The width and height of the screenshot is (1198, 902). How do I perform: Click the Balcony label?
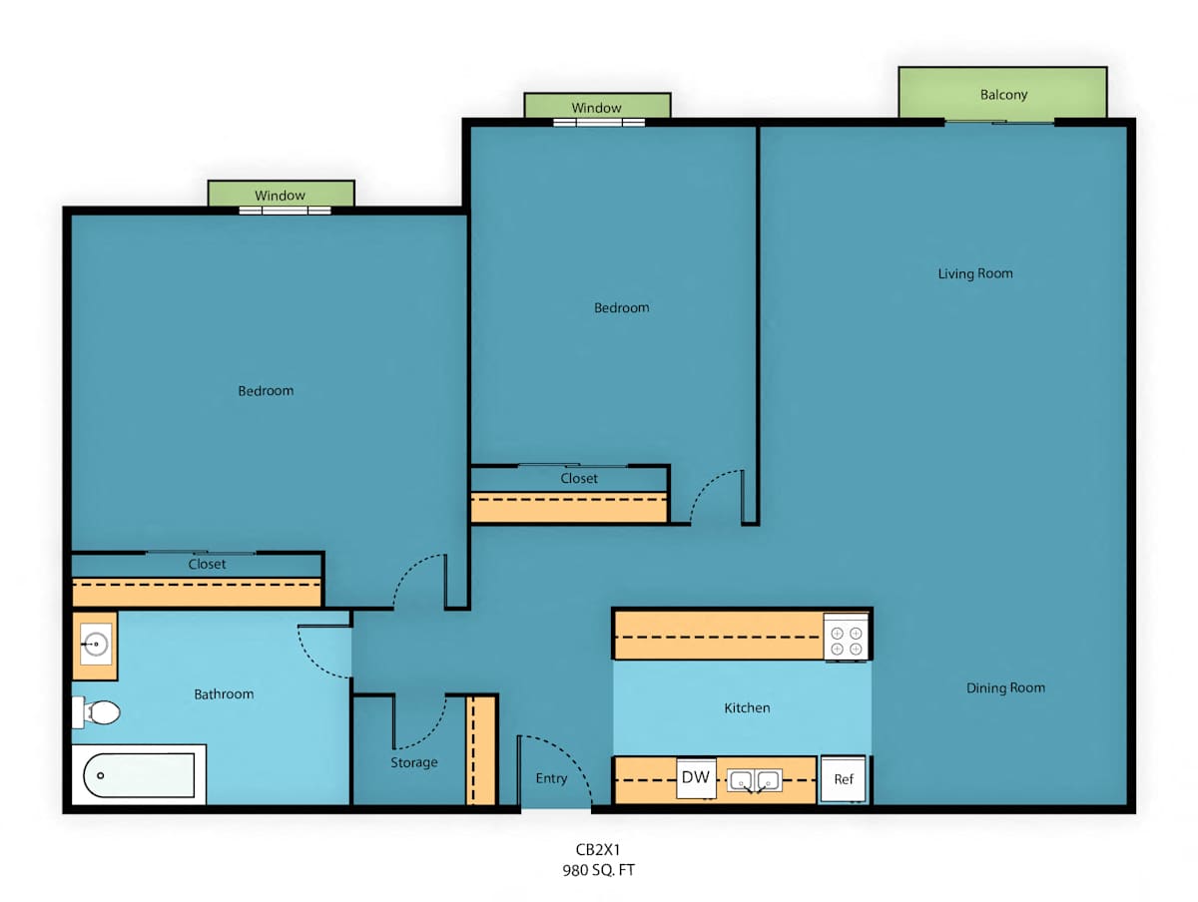coord(1003,95)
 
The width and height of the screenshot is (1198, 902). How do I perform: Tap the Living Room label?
coord(975,273)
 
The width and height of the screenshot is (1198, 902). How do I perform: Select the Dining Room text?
coord(1005,687)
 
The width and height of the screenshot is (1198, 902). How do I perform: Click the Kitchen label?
coord(747,707)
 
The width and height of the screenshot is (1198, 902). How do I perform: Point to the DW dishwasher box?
coord(696,777)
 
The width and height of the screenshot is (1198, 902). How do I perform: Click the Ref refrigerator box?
coord(844,778)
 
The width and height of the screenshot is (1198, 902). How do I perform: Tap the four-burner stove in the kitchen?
coord(846,640)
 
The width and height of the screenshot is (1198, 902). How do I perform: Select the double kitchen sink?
coord(756,780)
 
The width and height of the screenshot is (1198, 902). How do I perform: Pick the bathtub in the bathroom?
coord(139,775)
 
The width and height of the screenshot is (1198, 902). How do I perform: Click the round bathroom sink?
coord(96,644)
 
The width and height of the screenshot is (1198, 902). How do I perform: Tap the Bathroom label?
coord(224,694)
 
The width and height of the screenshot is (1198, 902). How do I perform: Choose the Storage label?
coord(413,762)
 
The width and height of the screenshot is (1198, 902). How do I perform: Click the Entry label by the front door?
coord(551,778)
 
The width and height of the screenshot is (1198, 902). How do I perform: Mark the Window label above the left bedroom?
coord(280,196)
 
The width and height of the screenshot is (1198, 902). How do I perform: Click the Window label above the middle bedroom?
coord(596,108)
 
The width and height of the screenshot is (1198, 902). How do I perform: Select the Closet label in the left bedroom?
coord(207,564)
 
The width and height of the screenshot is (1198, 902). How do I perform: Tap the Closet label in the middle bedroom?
coord(578,478)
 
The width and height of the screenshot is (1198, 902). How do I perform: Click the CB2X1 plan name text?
coord(598,849)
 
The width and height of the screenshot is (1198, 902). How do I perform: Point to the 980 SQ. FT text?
coord(598,870)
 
